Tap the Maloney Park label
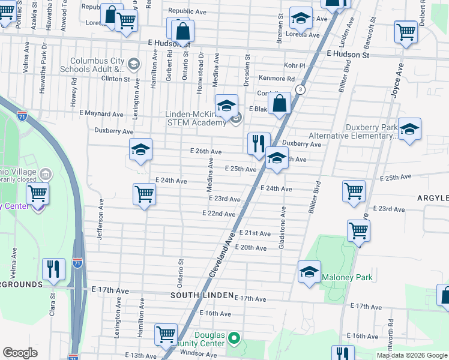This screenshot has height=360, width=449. (x=347, y=277)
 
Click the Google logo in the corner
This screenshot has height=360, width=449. (x=20, y=353)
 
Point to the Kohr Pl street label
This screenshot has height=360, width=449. (x=294, y=65)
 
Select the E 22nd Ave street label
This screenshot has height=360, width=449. (x=218, y=214)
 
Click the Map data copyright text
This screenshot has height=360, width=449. (x=412, y=355)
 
